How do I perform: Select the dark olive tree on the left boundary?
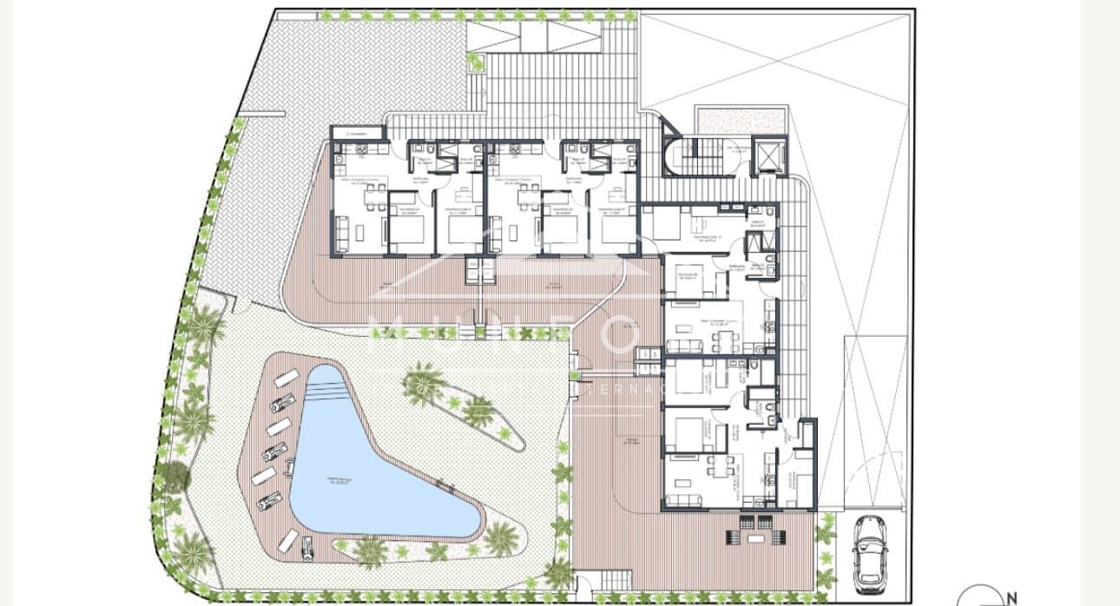coord(176,475)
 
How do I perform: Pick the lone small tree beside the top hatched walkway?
coord(474,60)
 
